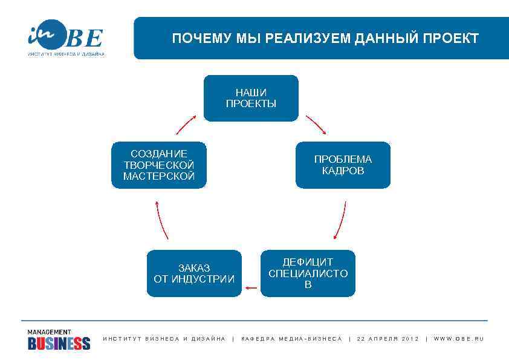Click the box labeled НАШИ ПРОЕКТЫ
pos(251,98)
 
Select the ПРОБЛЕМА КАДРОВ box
pos(343,165)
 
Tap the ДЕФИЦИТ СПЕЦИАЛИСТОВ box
pos(308,273)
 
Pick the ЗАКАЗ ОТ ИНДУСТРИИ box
pos(194,273)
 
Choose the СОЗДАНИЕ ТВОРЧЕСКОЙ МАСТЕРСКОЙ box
pos(159,165)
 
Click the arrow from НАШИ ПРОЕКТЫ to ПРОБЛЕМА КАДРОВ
pos(316,125)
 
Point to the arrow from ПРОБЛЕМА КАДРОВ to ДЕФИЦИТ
pos(340,221)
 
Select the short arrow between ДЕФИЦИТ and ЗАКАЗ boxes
pos(251,288)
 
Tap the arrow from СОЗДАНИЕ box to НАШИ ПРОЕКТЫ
pos(187,124)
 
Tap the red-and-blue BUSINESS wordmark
pos(59,344)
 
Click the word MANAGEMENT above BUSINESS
pos(49,332)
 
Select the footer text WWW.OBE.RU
pos(459,339)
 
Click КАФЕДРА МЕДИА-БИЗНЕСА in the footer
pos(291,339)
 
